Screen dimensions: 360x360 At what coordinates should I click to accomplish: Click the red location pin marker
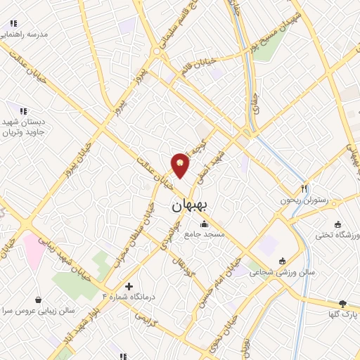[181, 165]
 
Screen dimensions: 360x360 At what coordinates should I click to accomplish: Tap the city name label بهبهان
[188, 207]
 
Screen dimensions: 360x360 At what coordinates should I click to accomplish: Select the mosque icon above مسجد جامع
[205, 224]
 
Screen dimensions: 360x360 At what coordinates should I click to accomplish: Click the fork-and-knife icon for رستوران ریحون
[304, 188]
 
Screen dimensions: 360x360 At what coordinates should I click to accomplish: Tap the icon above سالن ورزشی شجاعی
[283, 260]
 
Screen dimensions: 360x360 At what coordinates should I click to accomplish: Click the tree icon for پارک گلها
[342, 304]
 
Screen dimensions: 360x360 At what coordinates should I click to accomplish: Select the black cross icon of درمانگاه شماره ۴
[128, 286]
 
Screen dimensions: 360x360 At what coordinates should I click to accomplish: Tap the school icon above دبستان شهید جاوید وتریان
[23, 111]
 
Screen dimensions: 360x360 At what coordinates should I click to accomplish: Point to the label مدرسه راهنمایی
[24, 34]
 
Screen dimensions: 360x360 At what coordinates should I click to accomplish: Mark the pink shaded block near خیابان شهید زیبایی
[34, 247]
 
